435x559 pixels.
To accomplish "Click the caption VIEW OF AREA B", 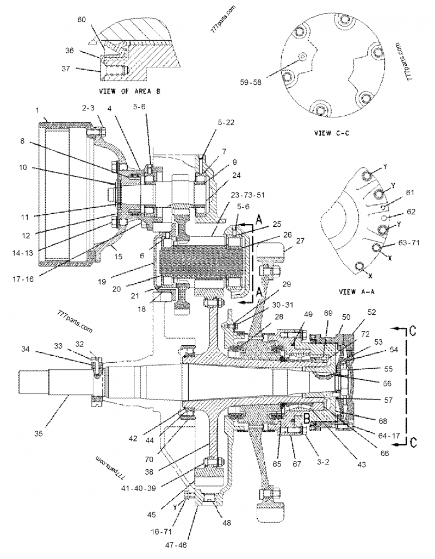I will [130, 91].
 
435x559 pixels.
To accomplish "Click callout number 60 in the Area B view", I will [81, 20].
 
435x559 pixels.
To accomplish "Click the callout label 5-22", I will [226, 123].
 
